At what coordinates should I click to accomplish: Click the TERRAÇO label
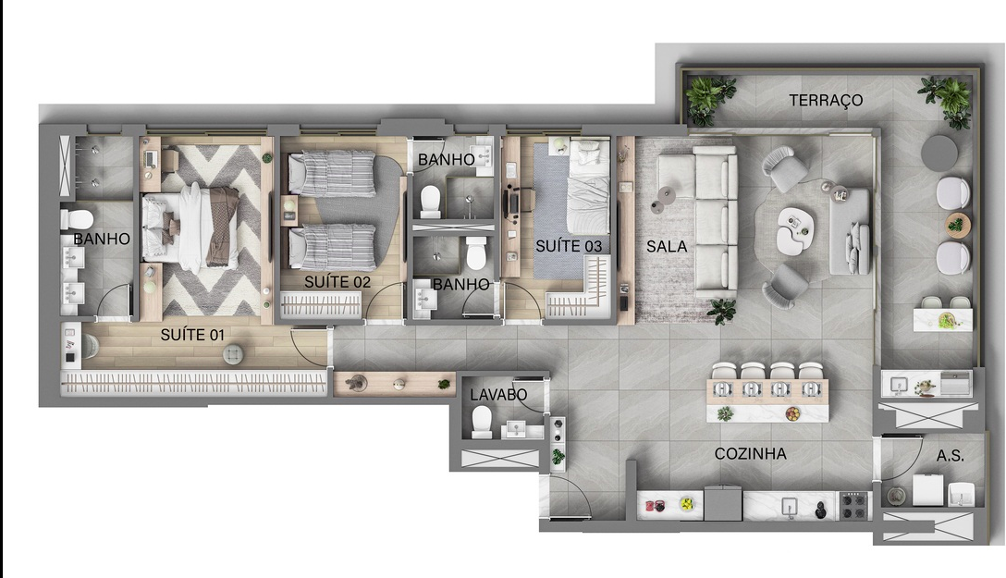coord(826,100)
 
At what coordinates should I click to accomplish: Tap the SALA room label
coord(666,247)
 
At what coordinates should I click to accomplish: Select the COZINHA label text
coord(750,454)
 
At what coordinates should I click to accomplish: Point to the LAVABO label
coord(498,395)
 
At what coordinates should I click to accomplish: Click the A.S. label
coord(951,456)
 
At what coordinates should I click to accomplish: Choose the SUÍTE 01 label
coord(193,334)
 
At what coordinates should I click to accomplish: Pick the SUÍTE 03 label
coord(569,246)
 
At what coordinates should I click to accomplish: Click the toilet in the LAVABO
coord(482,422)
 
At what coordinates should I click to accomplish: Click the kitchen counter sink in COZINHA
coord(789,505)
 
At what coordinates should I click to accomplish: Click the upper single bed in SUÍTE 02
coord(331,174)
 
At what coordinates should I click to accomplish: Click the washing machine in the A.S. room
coord(927,489)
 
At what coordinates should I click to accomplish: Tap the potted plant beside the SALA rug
coord(721,310)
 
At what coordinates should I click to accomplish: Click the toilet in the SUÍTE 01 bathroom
coord(77,219)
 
